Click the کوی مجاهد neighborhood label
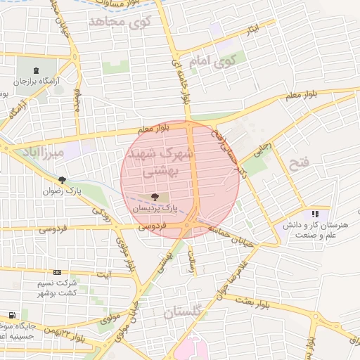(121, 22)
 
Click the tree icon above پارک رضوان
(63, 179)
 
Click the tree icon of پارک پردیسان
(155, 198)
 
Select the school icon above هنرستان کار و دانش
(315, 213)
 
